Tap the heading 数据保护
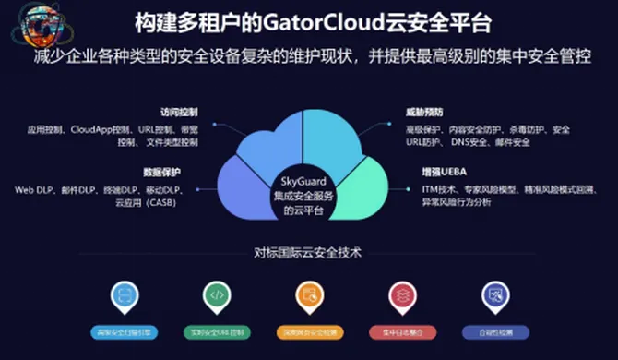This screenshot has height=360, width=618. pos(163,174)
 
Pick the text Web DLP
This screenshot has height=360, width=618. pos(33,189)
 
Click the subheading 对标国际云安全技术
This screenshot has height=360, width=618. pos(308,251)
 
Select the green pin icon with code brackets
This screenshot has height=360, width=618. pos(217,294)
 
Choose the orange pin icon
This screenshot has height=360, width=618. pos(309,294)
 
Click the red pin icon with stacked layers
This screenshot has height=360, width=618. pos(401,294)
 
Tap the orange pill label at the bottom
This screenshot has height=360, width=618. pos(309,330)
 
